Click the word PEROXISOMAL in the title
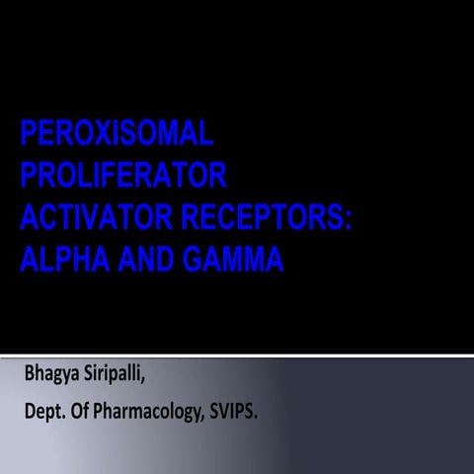point(117,132)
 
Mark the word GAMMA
point(234,260)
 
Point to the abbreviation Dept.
point(44,412)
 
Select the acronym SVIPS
point(231,411)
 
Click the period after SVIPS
point(258,416)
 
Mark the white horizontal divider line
point(237,354)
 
